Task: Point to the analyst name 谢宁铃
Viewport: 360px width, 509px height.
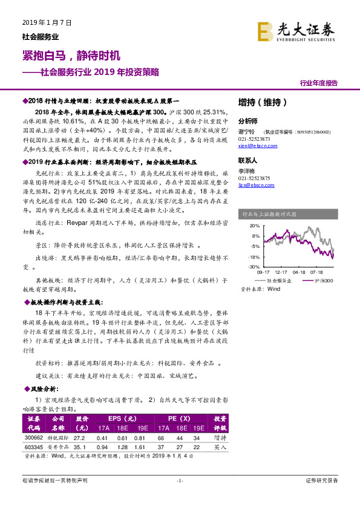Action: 247,131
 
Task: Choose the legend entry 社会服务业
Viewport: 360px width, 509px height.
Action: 276,281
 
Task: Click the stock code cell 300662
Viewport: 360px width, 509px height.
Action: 33,437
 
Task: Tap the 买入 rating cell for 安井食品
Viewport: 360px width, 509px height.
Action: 220,447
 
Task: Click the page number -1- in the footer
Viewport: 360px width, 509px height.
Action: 180,481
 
